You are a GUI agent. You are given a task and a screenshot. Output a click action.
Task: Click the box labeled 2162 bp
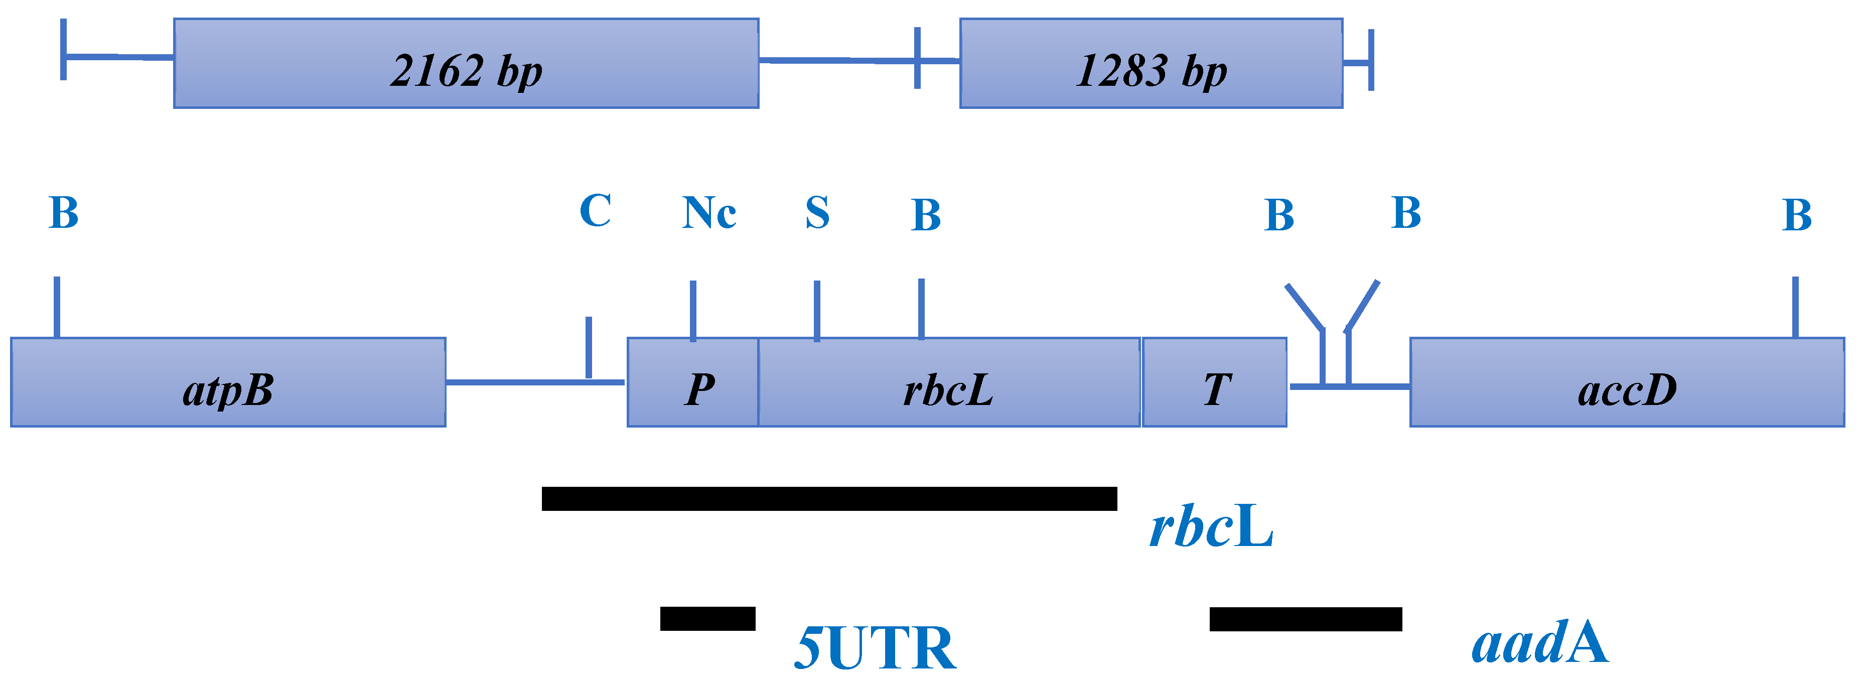(x=466, y=64)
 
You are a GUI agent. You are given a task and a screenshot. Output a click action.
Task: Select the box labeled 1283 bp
(x=1151, y=64)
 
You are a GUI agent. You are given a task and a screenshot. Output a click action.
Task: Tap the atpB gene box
(x=228, y=382)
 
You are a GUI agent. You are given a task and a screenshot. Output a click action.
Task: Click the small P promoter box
(x=693, y=383)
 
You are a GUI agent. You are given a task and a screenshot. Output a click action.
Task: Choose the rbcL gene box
(x=948, y=383)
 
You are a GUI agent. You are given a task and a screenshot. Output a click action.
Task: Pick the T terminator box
(x=1214, y=383)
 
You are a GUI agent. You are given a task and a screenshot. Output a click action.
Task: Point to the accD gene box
(x=1627, y=383)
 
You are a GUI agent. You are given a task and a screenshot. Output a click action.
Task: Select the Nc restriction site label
(x=708, y=213)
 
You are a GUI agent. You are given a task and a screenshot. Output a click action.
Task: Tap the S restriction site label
(x=817, y=213)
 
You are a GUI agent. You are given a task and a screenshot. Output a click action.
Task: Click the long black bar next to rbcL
(x=829, y=498)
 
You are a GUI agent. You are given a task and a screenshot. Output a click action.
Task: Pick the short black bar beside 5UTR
(x=707, y=618)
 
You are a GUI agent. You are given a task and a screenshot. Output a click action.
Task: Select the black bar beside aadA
(x=1306, y=619)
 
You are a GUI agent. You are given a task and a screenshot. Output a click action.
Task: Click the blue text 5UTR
(x=875, y=648)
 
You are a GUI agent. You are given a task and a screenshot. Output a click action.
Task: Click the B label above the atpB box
(x=64, y=213)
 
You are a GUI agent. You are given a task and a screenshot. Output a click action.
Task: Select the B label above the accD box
(x=1797, y=215)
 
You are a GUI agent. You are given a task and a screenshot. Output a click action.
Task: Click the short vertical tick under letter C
(x=589, y=347)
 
